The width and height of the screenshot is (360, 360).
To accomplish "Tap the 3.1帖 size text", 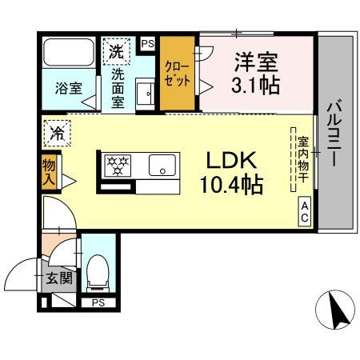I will tap(257, 85).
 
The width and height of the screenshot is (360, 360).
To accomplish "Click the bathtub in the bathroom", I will tap(68, 54).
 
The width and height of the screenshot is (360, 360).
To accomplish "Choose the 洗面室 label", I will tap(118, 89).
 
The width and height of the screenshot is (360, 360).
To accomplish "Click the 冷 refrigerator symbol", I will tap(56, 131).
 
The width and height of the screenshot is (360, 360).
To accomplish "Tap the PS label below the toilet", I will tap(98, 303).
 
